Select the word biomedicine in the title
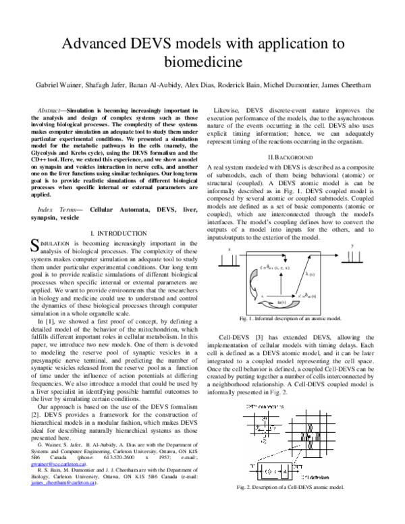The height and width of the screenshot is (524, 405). point(203,63)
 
